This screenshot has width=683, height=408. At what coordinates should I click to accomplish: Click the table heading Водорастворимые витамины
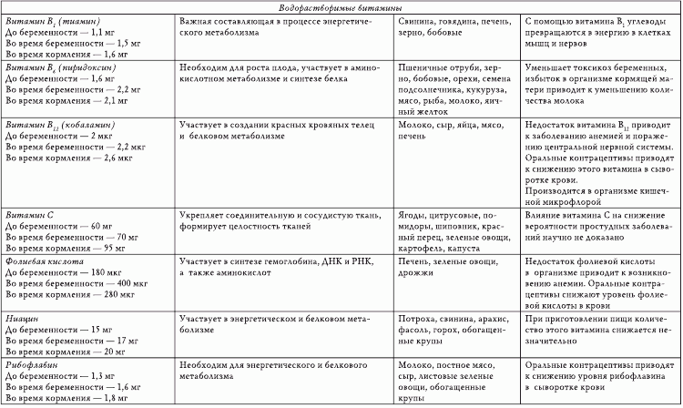pos(341,6)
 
